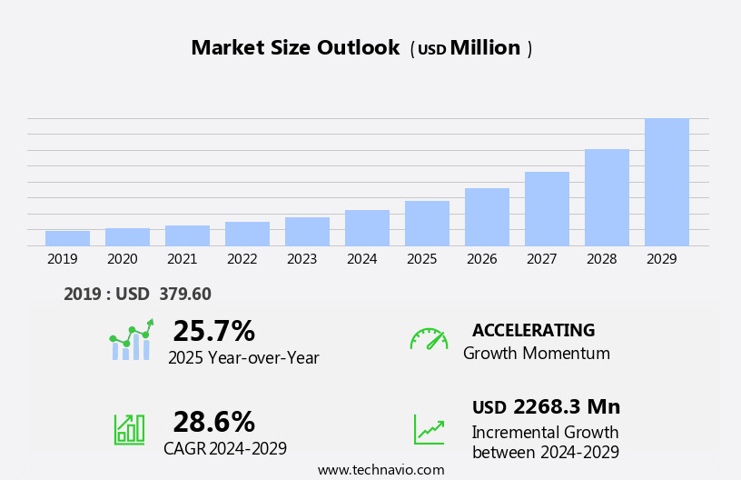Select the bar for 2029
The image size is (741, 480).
coord(667,182)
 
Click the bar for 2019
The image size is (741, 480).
coord(67,238)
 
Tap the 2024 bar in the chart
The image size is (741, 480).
coord(367,228)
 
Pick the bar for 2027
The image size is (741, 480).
coord(547,209)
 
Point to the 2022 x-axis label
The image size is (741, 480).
coord(242,259)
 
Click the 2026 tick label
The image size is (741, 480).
coord(481,259)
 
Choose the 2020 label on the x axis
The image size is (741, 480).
coord(122,259)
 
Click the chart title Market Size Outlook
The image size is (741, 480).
coord(295,48)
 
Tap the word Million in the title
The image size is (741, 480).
coord(485,48)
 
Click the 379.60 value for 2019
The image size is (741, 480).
coord(184,294)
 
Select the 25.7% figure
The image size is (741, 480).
coord(213,331)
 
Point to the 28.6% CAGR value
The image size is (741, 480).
coord(213,422)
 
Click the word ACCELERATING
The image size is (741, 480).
coord(533,330)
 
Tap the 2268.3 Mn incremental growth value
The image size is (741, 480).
coord(566,406)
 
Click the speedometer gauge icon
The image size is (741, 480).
coord(429,339)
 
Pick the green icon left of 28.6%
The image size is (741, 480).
coord(129,428)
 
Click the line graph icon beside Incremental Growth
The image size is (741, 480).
coord(429,428)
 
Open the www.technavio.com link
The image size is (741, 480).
coord(380,469)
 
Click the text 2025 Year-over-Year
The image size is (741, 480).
coord(243,358)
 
